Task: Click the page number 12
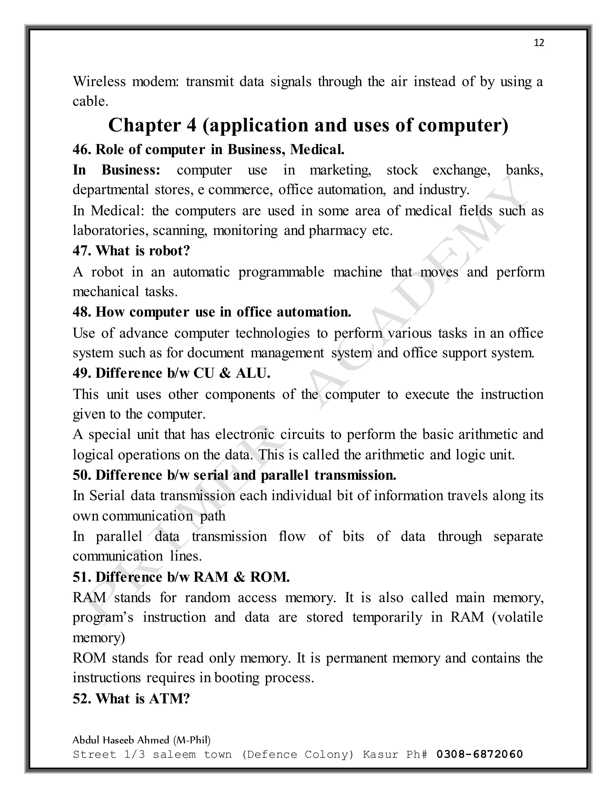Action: (x=539, y=43)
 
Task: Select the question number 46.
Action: (x=82, y=149)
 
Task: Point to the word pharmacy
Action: (x=337, y=231)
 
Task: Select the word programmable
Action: (x=281, y=272)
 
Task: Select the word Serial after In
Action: (x=107, y=496)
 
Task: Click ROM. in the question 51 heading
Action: (x=270, y=577)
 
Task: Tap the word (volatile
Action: (x=517, y=617)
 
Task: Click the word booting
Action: (x=237, y=678)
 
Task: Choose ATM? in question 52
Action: (x=169, y=698)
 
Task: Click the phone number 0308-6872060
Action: (x=479, y=754)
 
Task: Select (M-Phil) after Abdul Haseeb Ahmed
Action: (x=192, y=740)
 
